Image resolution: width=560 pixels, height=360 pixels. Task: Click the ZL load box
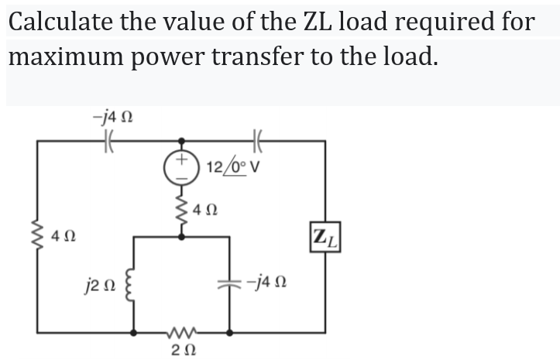(x=325, y=235)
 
